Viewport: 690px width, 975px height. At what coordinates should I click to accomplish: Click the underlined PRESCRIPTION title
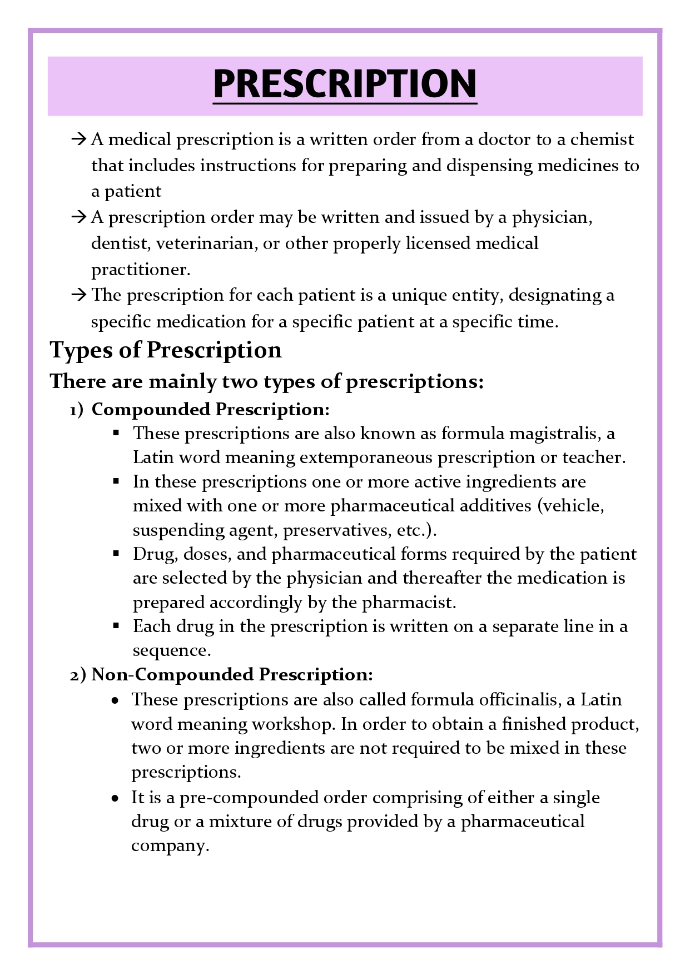click(345, 84)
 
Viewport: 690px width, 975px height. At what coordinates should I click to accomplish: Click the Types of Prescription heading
click(166, 350)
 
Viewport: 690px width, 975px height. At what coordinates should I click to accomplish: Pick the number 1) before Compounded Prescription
click(76, 410)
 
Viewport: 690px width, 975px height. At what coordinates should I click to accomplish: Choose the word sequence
click(171, 650)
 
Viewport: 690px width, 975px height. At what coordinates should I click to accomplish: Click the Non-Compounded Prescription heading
click(232, 675)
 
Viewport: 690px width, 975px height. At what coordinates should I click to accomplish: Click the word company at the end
click(170, 846)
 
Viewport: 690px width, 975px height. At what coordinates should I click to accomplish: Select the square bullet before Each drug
click(116, 626)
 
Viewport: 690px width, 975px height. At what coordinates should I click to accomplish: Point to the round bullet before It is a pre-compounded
click(115, 798)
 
